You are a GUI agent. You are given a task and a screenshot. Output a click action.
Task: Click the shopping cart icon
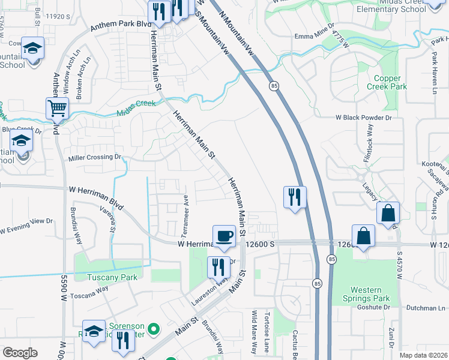click(57, 109)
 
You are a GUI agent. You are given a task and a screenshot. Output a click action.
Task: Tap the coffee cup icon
click(224, 235)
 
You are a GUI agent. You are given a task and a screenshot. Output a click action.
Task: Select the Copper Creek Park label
click(390, 82)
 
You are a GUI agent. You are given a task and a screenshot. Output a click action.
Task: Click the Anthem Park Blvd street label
click(120, 25)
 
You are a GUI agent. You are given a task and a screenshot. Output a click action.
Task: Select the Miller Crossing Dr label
click(95, 157)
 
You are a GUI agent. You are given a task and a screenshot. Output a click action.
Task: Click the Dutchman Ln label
click(426, 308)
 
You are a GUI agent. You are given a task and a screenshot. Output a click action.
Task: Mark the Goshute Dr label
click(368, 307)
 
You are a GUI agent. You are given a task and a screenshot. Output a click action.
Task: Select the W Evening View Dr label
click(26, 226)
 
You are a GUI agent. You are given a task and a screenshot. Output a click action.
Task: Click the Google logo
click(19, 353)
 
